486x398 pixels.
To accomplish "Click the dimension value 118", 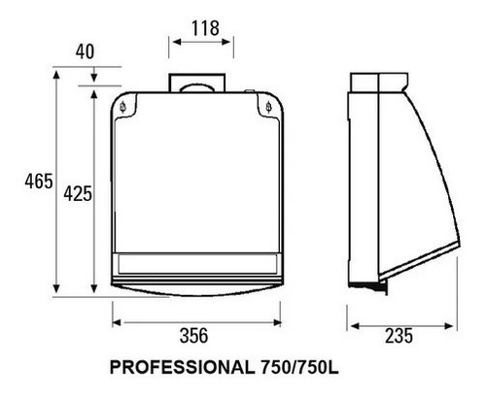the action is click(x=205, y=28).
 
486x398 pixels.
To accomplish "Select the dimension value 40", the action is click(x=86, y=51).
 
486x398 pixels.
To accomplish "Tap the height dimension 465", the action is click(x=39, y=182).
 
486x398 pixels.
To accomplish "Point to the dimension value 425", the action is click(x=78, y=194).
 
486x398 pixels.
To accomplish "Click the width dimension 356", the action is click(x=193, y=336).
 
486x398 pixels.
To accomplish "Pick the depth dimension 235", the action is click(x=399, y=336).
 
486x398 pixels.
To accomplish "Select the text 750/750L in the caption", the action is click(x=299, y=367).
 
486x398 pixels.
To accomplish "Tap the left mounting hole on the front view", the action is click(x=122, y=107).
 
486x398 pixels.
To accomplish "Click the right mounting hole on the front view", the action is click(x=268, y=107).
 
